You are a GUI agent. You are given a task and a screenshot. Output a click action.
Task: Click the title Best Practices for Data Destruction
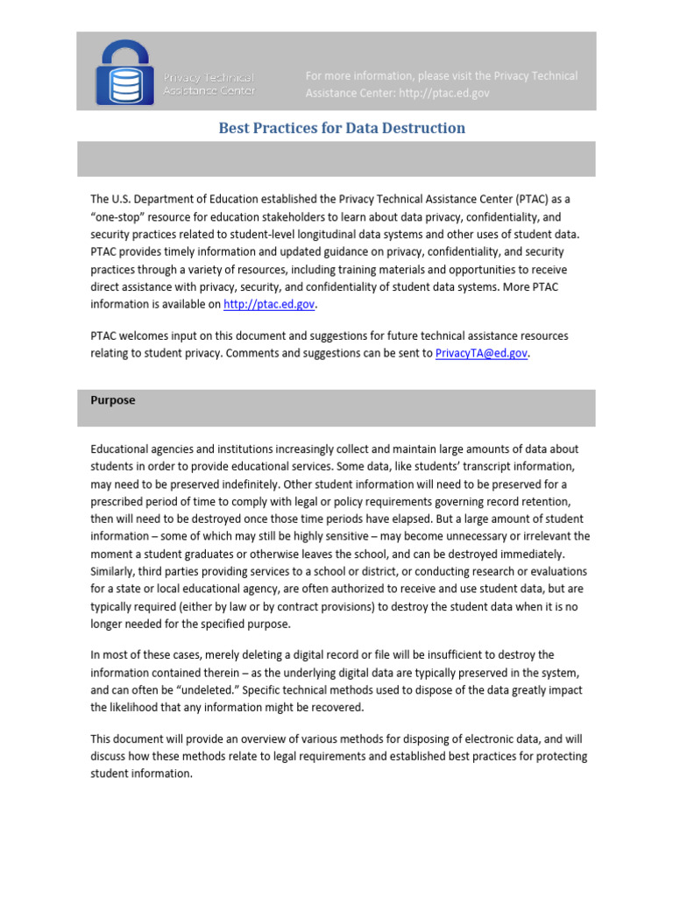pos(342,129)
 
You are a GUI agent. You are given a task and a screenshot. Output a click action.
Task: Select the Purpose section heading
pos(113,400)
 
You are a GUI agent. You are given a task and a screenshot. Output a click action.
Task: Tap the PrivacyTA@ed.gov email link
pos(482,354)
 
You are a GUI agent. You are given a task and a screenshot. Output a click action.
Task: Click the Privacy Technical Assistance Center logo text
pos(209,84)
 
